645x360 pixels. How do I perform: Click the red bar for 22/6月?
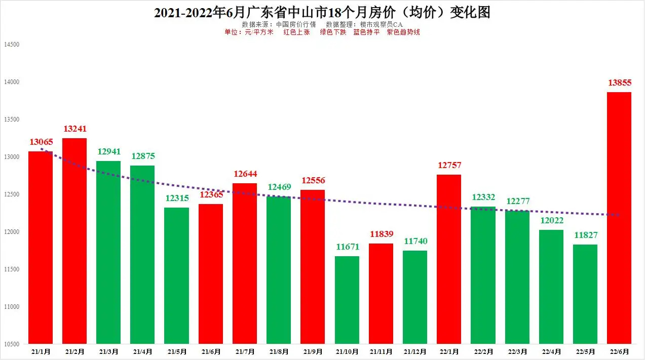(619, 218)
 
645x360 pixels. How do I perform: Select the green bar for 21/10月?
(347, 300)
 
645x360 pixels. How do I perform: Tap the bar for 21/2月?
(74, 241)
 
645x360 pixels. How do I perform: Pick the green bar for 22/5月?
(585, 294)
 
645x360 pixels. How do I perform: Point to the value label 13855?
(619, 83)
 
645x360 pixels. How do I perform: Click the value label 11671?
(347, 247)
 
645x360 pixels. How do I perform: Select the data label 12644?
(245, 174)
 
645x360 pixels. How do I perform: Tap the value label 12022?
(551, 221)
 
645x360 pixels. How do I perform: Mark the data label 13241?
(74, 129)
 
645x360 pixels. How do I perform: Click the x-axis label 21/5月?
(177, 351)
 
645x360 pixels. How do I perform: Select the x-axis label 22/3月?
(517, 351)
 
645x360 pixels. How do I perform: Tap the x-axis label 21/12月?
(415, 351)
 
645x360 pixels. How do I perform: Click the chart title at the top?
(322, 12)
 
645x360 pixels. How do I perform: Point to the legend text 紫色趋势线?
(403, 32)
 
